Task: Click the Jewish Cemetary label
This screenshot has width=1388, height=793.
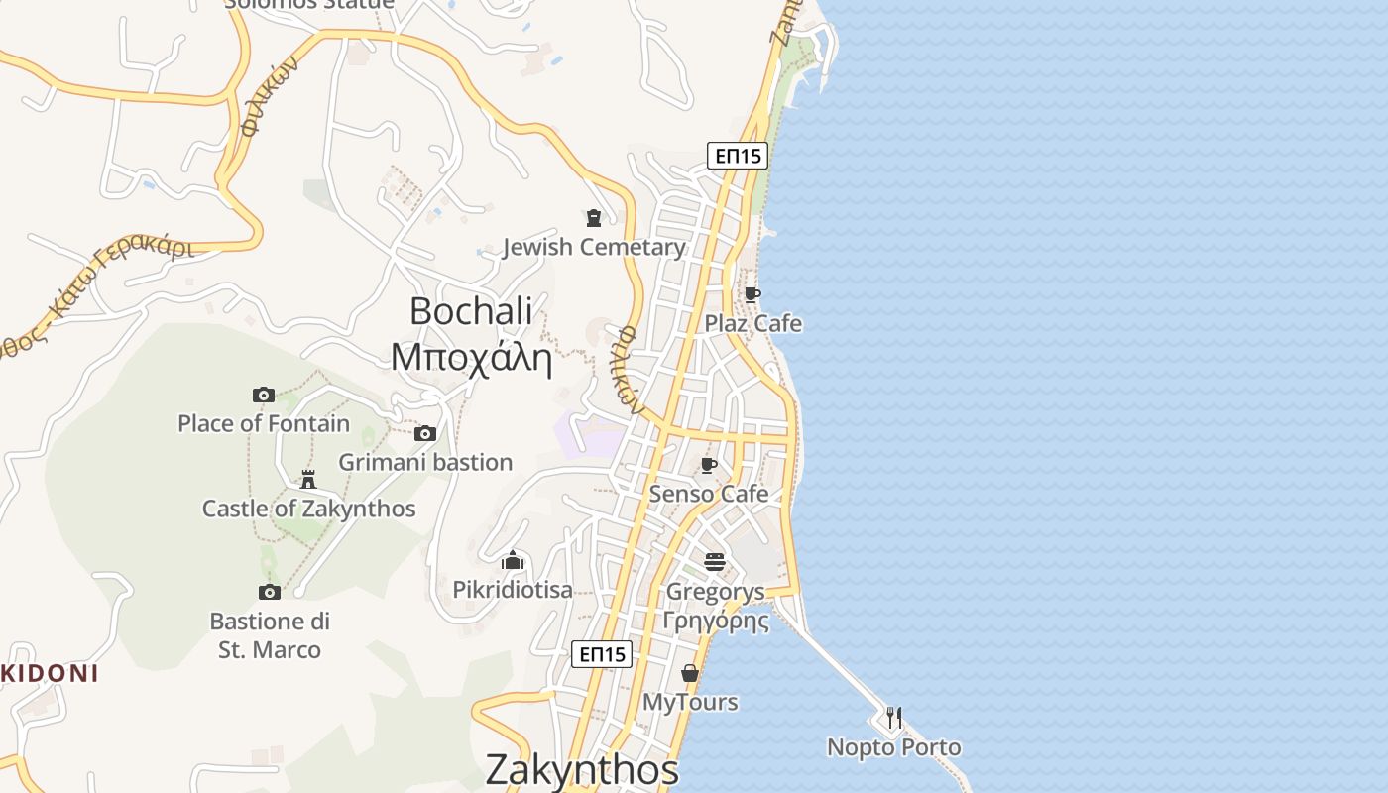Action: pos(594,247)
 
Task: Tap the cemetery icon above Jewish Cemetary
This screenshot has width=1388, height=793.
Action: pos(594,218)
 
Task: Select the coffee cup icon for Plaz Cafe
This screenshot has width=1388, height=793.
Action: pos(752,294)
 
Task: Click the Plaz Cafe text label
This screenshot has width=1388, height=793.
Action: pos(752,323)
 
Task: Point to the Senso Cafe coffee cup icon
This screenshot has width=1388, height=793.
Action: pos(709,465)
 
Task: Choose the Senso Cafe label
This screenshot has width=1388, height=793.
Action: pos(709,494)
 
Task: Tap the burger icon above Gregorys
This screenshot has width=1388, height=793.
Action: pos(715,562)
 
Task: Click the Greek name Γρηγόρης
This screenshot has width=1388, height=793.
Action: pos(716,622)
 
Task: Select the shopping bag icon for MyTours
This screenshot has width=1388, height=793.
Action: pos(690,674)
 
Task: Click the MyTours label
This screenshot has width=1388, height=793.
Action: pos(690,702)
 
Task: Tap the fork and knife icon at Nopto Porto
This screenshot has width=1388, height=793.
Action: pos(894,718)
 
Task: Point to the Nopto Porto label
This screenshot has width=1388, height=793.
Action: pos(894,747)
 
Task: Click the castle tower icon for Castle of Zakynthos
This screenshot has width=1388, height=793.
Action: pos(308,480)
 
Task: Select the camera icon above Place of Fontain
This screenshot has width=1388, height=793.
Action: pos(263,395)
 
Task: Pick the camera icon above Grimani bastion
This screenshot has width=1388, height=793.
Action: pos(425,433)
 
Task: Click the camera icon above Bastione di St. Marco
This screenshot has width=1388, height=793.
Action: pos(269,592)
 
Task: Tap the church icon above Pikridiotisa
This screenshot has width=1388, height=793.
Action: pos(513,561)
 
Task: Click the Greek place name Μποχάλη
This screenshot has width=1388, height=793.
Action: pos(471,357)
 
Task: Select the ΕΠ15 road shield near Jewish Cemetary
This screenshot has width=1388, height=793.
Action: pos(738,156)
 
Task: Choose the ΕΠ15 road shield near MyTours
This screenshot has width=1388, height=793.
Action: pos(602,654)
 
